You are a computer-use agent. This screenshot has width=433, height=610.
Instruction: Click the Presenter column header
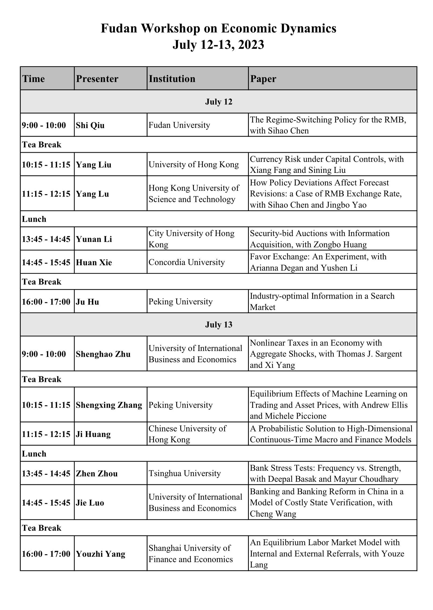coord(97,79)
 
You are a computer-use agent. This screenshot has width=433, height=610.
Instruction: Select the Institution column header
coord(172,79)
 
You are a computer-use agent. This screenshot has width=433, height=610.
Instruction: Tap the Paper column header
coord(263,79)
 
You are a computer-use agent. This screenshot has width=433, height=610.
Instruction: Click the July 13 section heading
coord(219,325)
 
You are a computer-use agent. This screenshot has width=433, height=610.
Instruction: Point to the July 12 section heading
coord(219,102)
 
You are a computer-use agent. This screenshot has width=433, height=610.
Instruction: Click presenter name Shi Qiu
coord(90,125)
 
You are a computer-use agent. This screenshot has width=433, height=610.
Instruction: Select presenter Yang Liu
coord(94,164)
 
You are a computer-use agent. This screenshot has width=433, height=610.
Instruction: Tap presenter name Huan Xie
coord(94,262)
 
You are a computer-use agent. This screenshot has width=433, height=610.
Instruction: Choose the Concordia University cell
coord(187,262)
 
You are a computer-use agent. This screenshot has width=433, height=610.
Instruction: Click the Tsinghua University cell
coord(184,473)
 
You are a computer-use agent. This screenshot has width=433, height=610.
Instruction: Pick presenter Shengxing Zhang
coord(109,405)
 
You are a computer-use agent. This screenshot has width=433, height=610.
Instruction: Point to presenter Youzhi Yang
coord(101,554)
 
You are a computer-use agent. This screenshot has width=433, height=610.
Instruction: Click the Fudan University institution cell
coord(179,125)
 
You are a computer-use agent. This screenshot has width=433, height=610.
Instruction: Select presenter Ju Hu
coord(87,302)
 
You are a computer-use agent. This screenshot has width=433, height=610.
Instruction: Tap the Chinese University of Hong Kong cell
coord(187,434)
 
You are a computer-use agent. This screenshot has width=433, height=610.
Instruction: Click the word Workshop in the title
coord(171,28)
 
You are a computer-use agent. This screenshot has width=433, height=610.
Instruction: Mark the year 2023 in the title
coord(251,44)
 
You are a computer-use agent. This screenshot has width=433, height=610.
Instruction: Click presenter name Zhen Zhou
coord(97,473)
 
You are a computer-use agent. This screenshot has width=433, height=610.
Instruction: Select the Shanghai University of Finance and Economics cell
coord(190,554)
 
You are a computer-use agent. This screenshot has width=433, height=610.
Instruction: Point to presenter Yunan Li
coord(94,239)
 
